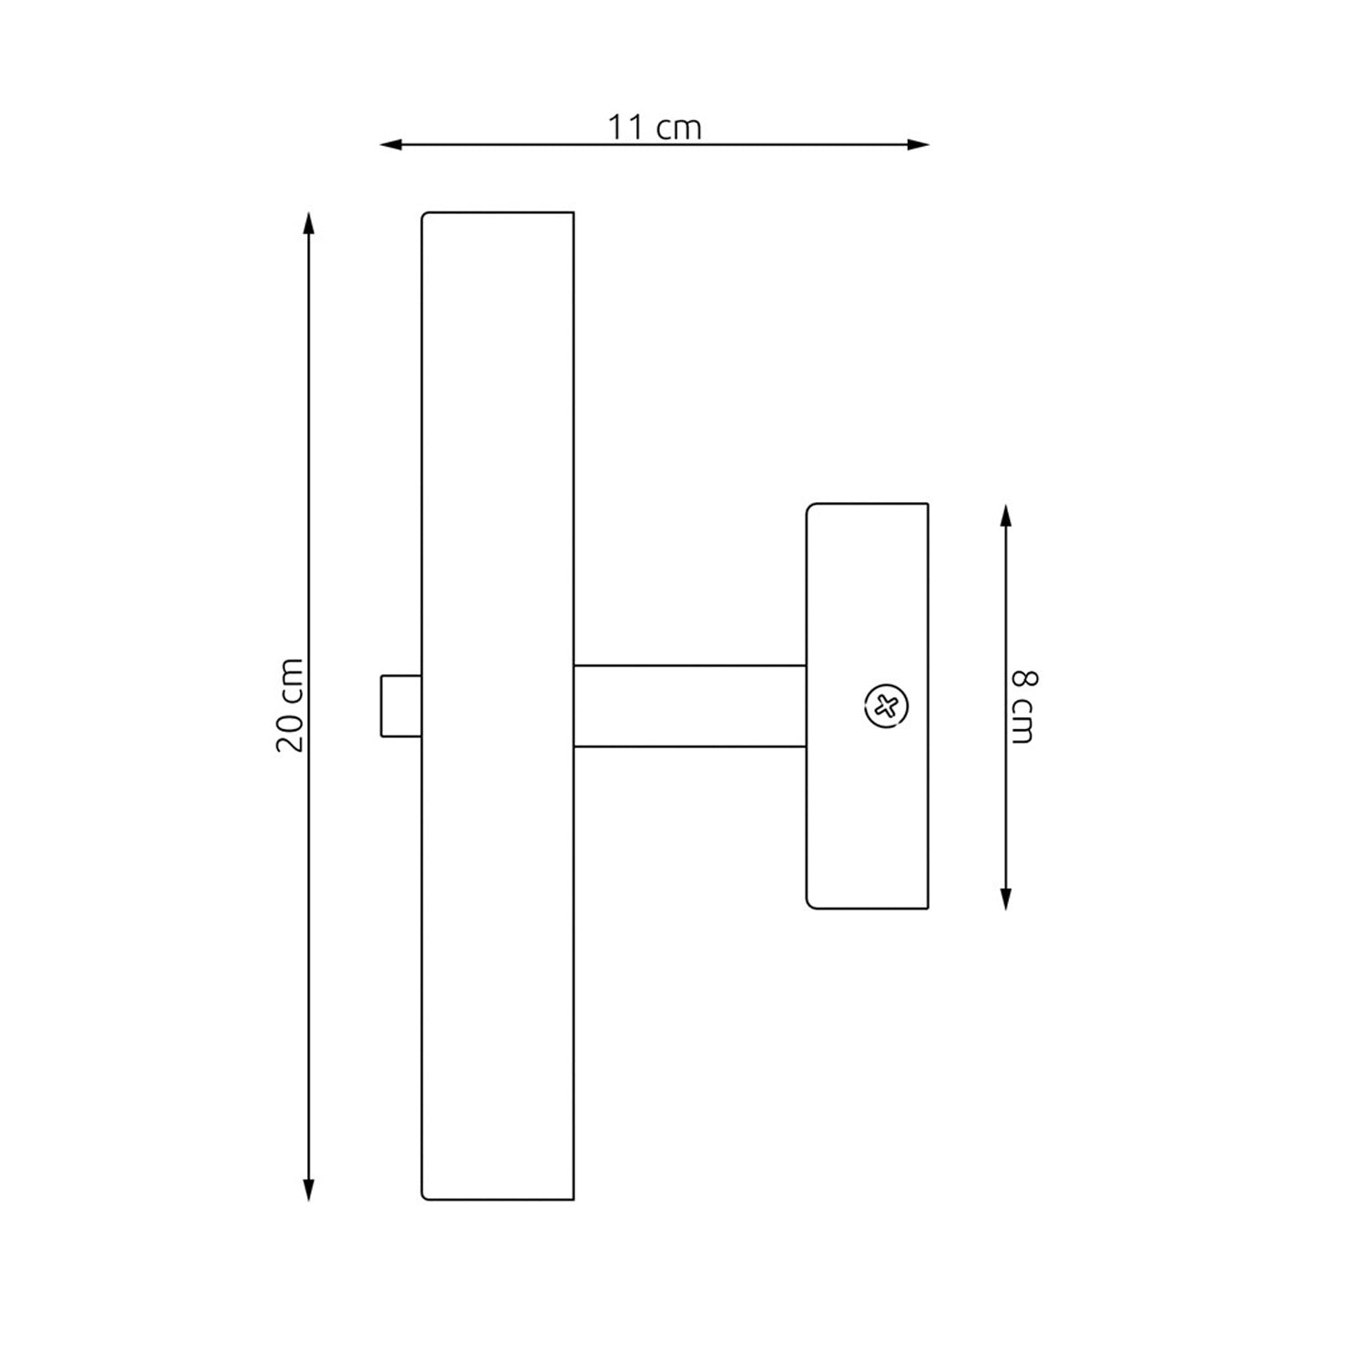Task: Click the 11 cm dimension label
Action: (x=654, y=128)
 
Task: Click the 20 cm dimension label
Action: (x=290, y=705)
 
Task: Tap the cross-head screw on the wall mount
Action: (x=885, y=705)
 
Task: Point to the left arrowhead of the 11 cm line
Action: (x=390, y=144)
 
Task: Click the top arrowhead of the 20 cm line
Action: (x=309, y=223)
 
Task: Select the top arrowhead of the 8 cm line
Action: (x=1005, y=516)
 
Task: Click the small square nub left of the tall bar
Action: (x=401, y=705)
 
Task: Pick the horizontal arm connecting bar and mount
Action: (x=690, y=706)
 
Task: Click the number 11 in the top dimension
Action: (x=627, y=128)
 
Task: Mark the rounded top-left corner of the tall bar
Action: (x=425, y=216)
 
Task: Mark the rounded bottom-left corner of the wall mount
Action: (x=810, y=904)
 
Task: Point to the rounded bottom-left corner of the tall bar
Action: (x=425, y=1196)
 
